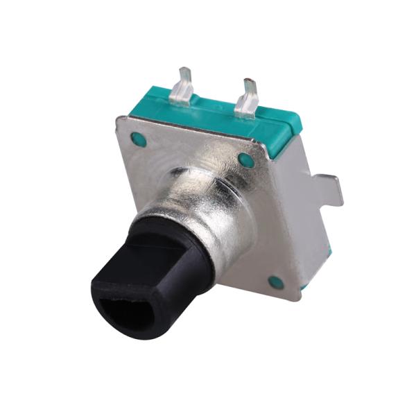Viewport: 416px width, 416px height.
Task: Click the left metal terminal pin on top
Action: [x=181, y=86]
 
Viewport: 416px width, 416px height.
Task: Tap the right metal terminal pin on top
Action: [x=247, y=97]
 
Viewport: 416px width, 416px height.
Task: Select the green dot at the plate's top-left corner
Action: [x=139, y=139]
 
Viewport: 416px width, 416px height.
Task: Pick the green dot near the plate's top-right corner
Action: [x=246, y=160]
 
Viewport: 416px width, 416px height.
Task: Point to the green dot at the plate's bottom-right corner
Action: [x=276, y=282]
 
